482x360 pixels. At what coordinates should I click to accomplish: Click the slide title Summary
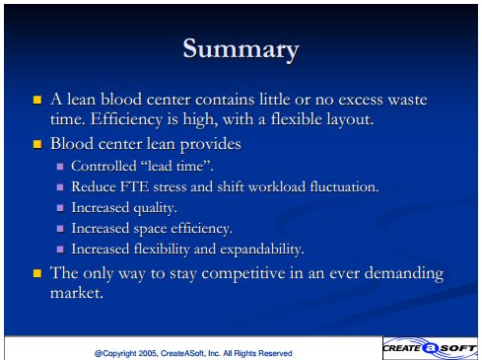tap(241, 49)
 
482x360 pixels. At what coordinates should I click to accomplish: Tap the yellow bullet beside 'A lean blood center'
tap(37, 100)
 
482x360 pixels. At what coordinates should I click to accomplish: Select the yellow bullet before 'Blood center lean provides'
tap(37, 144)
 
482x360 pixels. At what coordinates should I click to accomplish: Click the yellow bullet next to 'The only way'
tap(37, 273)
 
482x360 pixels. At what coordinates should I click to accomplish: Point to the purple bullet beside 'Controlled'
tap(60, 167)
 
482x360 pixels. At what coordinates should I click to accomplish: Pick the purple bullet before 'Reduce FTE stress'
tap(60, 187)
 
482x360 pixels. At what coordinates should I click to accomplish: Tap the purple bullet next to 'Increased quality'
tap(60, 208)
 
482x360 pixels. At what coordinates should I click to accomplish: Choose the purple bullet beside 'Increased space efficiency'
tap(60, 229)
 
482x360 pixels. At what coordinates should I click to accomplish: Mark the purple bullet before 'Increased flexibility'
tap(60, 250)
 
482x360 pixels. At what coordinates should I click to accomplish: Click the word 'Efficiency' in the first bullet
tap(126, 119)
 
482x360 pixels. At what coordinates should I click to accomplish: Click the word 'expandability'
tap(262, 250)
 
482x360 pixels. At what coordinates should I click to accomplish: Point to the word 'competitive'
tap(243, 273)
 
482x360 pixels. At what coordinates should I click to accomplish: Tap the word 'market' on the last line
tap(76, 293)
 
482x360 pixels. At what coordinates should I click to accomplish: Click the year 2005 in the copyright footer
tap(148, 353)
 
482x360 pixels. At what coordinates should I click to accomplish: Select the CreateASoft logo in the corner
tap(430, 348)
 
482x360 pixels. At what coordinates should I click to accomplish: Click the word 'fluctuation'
tap(344, 186)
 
